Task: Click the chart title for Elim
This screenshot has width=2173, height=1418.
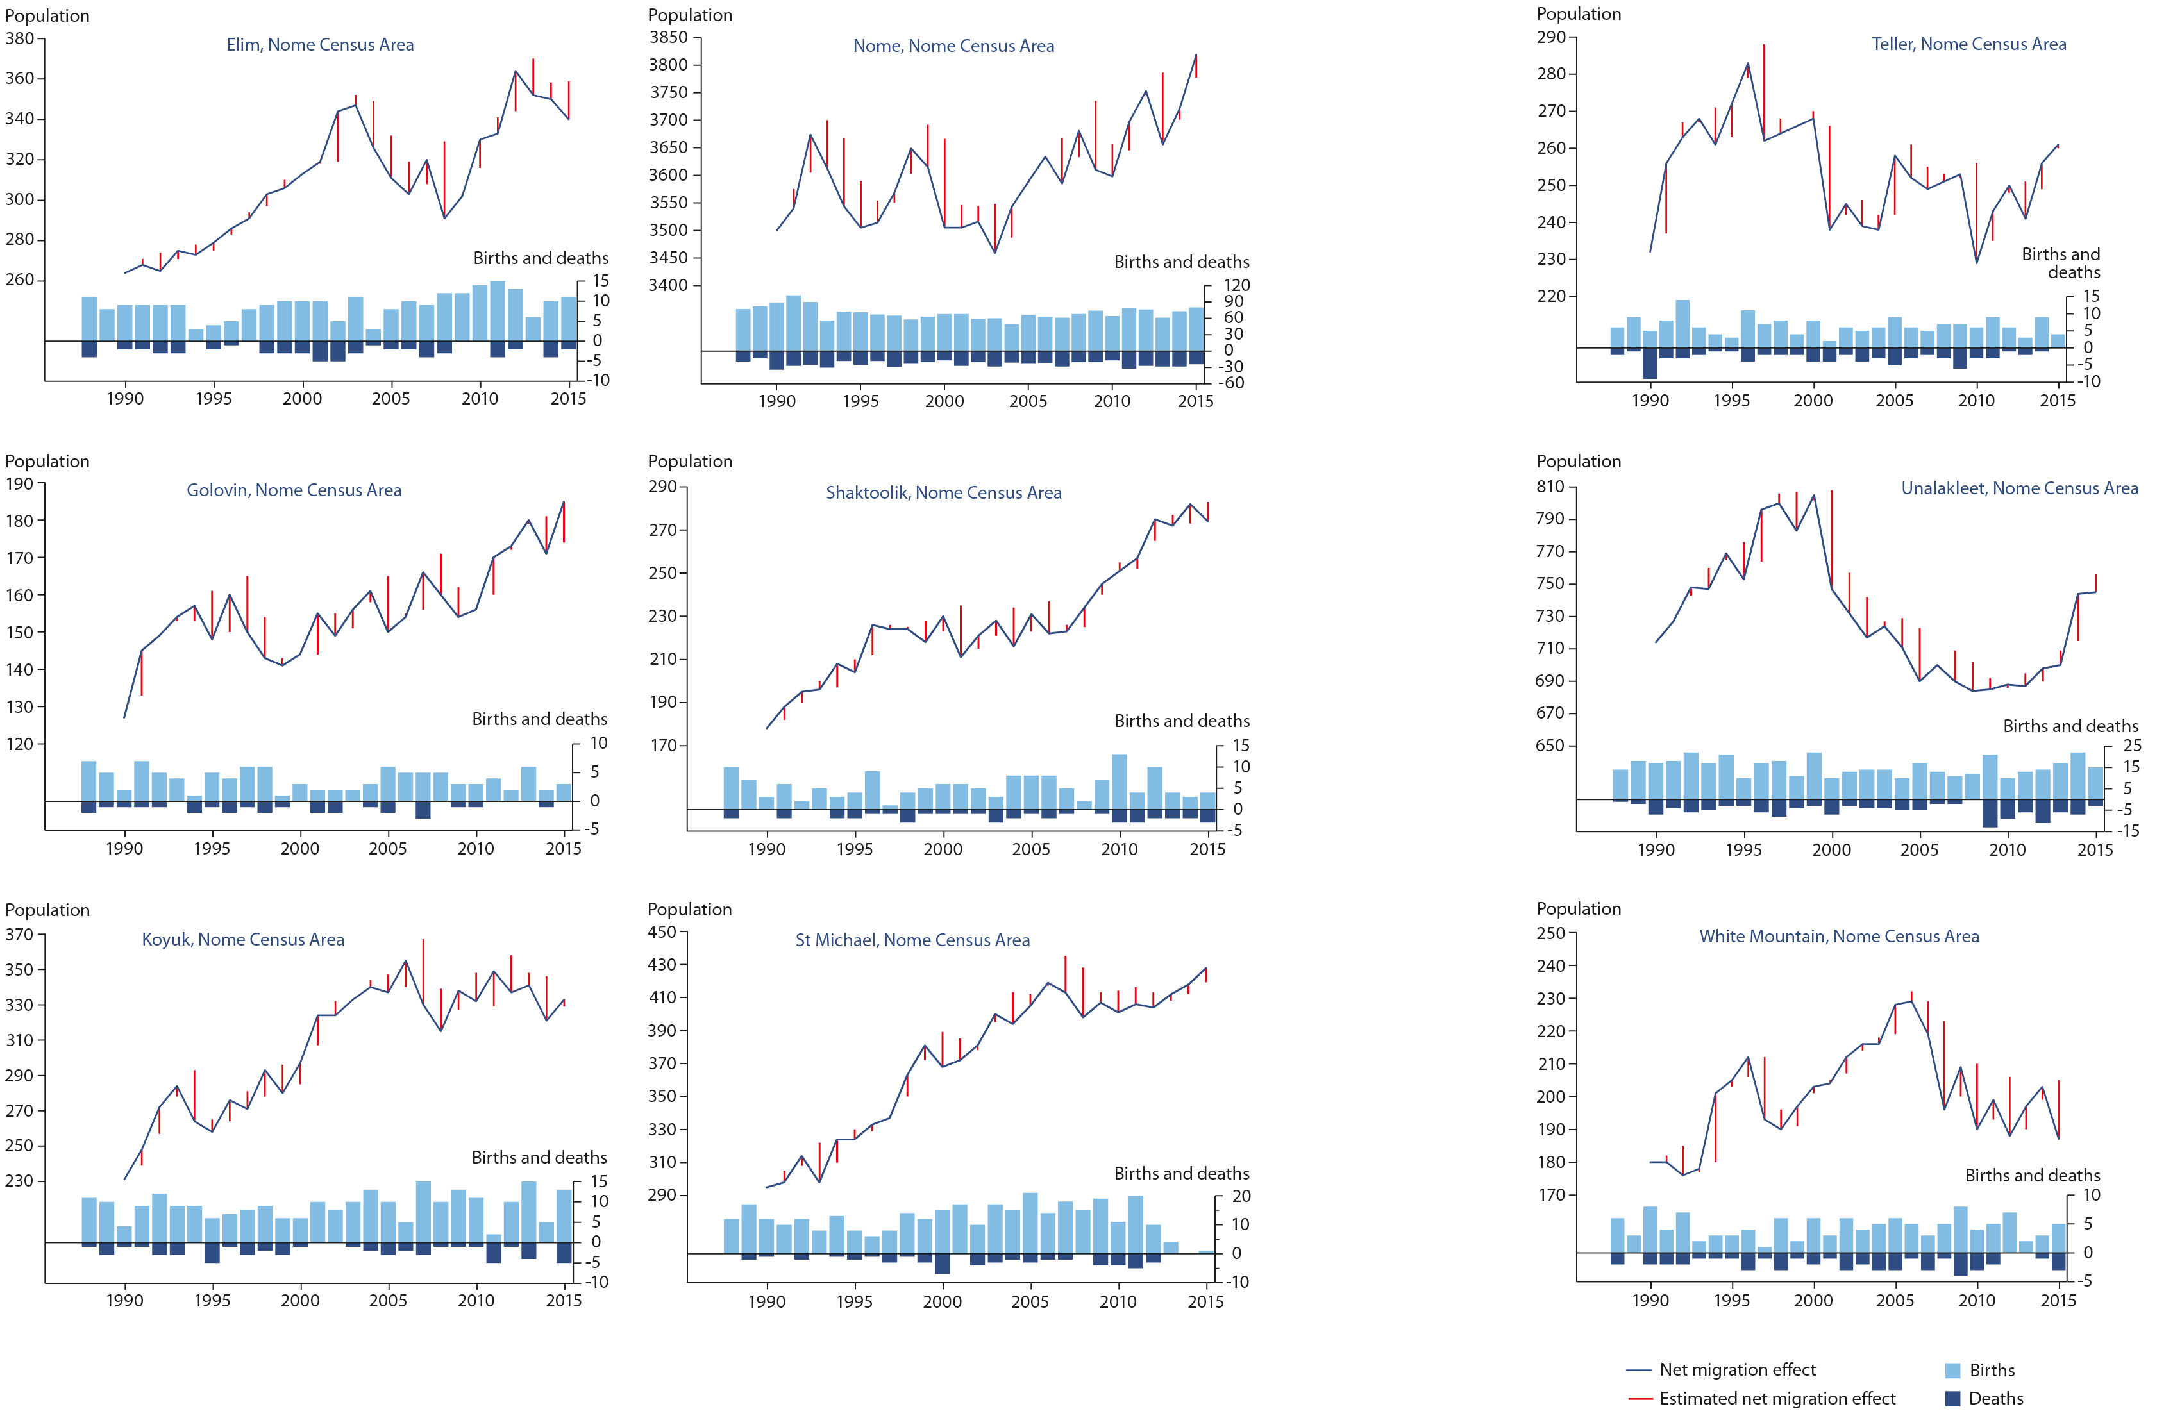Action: pyautogui.click(x=319, y=45)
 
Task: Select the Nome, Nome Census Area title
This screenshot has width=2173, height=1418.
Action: pyautogui.click(x=953, y=46)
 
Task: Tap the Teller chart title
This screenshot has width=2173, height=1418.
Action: pyautogui.click(x=1968, y=44)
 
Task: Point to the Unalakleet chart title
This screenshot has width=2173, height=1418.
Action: pyautogui.click(x=2018, y=488)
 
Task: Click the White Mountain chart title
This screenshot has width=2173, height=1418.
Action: pyautogui.click(x=1839, y=936)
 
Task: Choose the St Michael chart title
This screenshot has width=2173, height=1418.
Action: pyautogui.click(x=912, y=940)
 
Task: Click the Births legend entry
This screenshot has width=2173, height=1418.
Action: pyautogui.click(x=1992, y=1370)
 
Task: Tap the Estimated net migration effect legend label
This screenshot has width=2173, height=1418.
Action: pyautogui.click(x=1777, y=1398)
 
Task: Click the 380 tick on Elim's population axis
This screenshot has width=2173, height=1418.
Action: pyautogui.click(x=19, y=38)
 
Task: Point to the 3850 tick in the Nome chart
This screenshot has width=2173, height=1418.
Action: pyautogui.click(x=668, y=37)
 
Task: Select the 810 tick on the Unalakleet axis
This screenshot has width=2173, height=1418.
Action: pyautogui.click(x=1550, y=487)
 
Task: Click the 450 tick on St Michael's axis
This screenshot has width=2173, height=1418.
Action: pyautogui.click(x=662, y=932)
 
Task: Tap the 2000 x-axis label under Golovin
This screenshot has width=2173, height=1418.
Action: pyautogui.click(x=299, y=848)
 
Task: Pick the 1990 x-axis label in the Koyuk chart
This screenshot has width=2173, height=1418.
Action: pyautogui.click(x=124, y=1300)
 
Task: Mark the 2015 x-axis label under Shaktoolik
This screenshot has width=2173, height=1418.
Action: pyautogui.click(x=1207, y=849)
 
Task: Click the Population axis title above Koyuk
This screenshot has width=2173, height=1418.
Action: pyautogui.click(x=47, y=910)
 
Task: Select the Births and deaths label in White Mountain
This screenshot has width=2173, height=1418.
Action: pyautogui.click(x=2033, y=1175)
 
